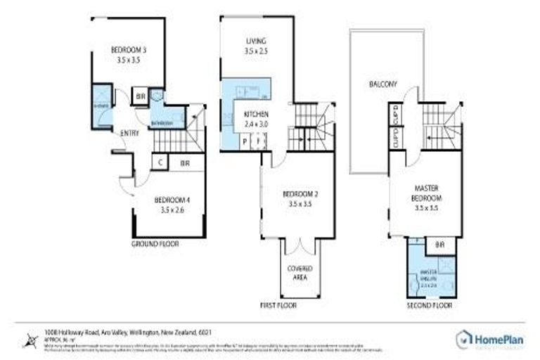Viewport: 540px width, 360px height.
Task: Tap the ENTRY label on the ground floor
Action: click(129, 133)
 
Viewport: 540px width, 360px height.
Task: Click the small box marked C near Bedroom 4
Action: click(161, 162)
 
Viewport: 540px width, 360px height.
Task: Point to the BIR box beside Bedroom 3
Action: click(140, 96)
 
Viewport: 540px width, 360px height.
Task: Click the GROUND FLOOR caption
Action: click(155, 244)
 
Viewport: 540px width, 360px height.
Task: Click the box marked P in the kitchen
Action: click(245, 141)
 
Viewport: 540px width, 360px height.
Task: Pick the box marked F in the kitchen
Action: click(258, 141)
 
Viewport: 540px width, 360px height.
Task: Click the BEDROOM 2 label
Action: click(297, 198)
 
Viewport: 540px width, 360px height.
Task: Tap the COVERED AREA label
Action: click(300, 273)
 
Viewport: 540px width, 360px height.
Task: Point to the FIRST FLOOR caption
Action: click(278, 306)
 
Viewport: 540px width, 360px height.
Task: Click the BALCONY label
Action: click(382, 84)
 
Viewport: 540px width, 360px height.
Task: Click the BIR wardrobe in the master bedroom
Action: click(440, 245)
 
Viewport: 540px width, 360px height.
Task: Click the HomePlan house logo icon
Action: click(463, 338)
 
